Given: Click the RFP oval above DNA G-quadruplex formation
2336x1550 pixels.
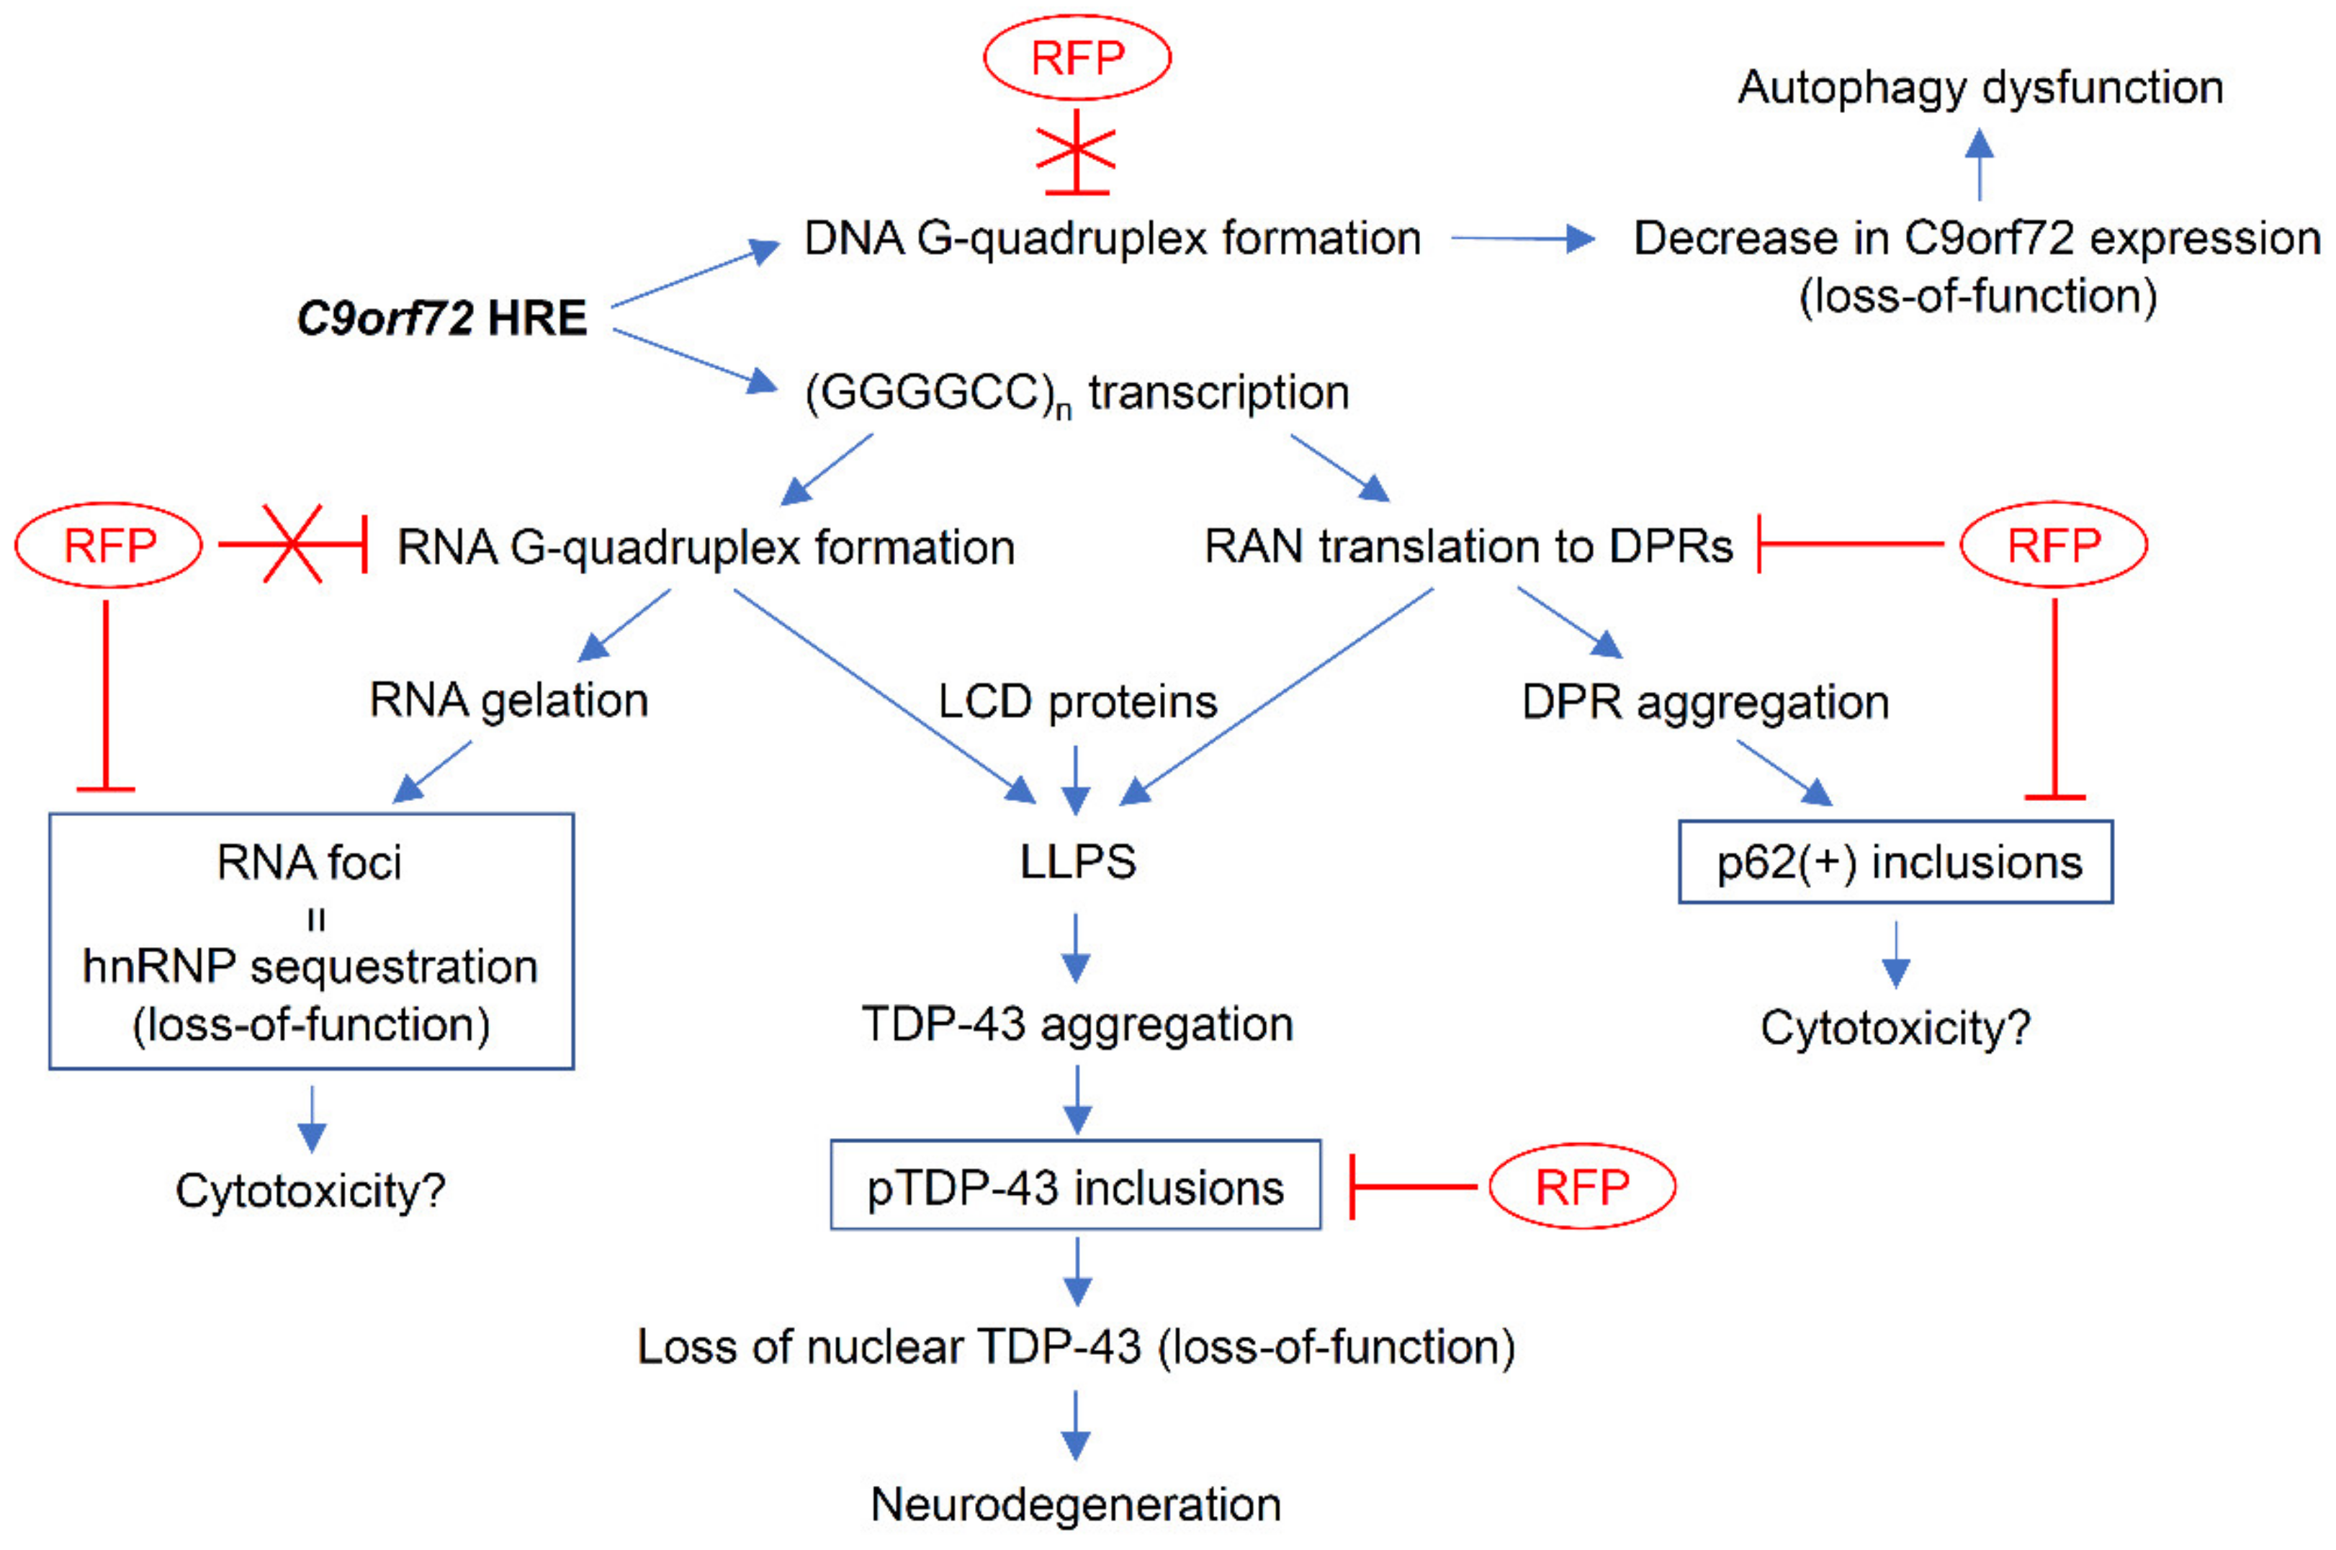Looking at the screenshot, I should click(1077, 58).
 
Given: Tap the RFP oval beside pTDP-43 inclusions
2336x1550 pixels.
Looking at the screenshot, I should click(1581, 1186).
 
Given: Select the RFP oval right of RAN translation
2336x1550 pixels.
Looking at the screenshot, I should click(2054, 545).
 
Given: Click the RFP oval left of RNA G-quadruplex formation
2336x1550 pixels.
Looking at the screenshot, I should click(109, 545).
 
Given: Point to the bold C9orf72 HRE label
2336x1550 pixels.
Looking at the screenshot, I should click(441, 318).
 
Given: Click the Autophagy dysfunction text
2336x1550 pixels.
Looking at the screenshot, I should click(1980, 87).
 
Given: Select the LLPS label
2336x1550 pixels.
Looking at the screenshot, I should click(1077, 862).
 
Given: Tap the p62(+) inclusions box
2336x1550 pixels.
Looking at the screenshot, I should click(1895, 862).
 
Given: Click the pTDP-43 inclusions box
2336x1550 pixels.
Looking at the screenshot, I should click(1075, 1186).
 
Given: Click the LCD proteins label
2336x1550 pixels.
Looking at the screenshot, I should click(1077, 702).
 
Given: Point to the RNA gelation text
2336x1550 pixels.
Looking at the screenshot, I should click(509, 701).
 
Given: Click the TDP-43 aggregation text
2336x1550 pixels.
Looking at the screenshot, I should click(1077, 1024).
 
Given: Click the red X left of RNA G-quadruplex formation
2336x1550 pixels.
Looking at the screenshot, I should click(292, 544).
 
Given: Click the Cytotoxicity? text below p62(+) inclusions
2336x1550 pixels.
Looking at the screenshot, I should click(1895, 1028).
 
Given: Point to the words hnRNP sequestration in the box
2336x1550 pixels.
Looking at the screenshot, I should click(310, 967).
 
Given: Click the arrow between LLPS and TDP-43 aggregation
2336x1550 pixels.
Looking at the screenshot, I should click(1076, 947).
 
